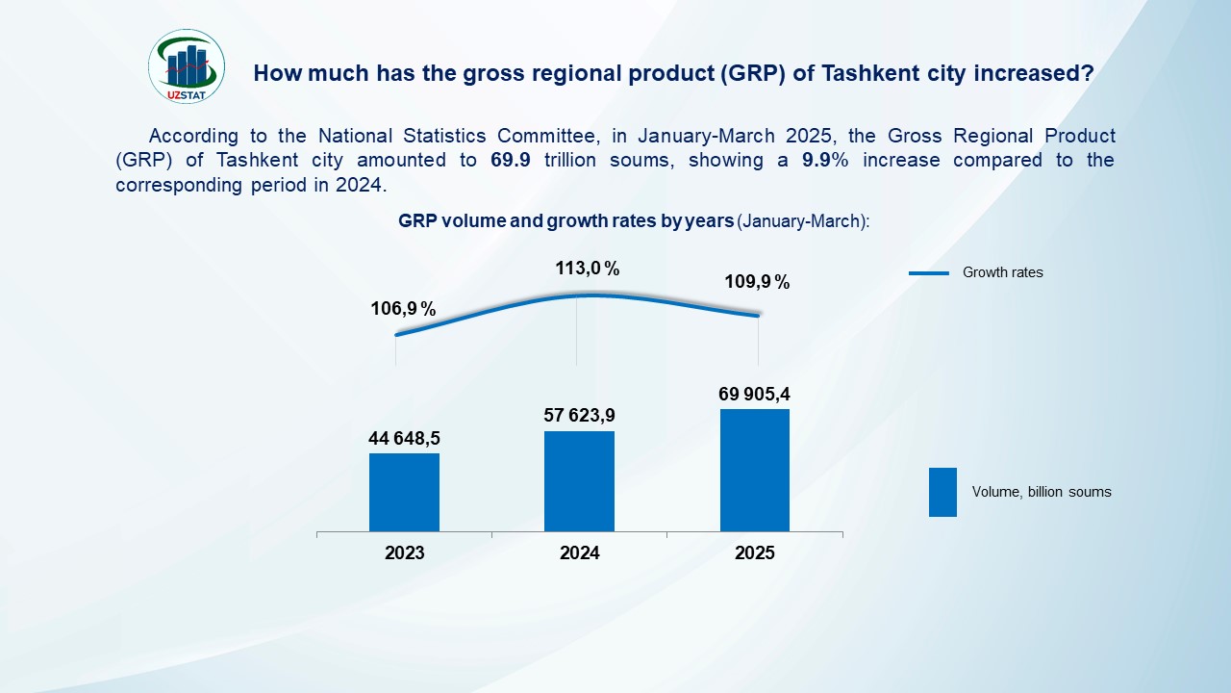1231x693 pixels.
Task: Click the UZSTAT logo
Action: coord(187,65)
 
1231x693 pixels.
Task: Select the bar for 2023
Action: coord(404,492)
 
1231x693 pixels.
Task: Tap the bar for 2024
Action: coord(579,480)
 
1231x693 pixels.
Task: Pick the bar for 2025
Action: coord(755,470)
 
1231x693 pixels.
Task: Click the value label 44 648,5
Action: coord(404,439)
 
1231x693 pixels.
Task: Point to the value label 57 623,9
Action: coord(579,416)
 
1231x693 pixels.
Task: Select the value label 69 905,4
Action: coord(755,394)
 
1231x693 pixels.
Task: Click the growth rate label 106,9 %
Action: coord(404,309)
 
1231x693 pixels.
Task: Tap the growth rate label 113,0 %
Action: coord(588,269)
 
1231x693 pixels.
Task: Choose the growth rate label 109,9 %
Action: coord(757,282)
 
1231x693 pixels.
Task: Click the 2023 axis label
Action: coord(404,553)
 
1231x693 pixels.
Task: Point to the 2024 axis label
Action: coord(579,553)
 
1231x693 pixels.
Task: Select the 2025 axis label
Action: coord(755,553)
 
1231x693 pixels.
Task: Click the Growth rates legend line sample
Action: coord(929,273)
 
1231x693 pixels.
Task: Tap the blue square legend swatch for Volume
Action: coord(942,492)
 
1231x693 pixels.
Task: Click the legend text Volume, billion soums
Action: coord(1042,492)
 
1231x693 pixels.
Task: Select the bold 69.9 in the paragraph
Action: coord(511,161)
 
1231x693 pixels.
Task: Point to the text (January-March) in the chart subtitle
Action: coord(803,221)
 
